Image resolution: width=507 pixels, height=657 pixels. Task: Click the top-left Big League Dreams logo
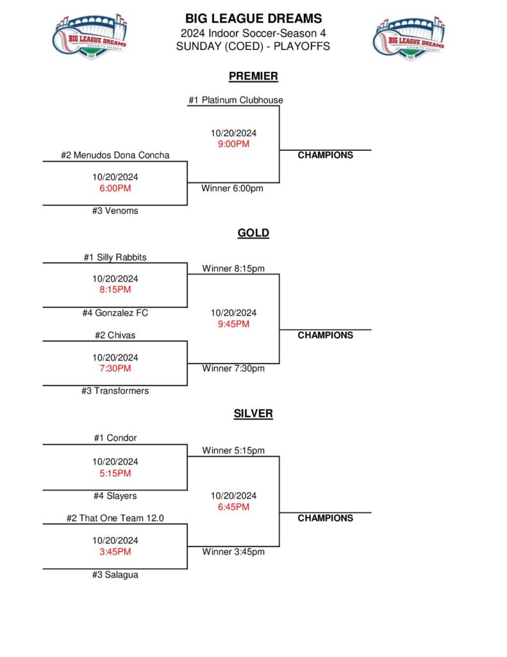[90, 38]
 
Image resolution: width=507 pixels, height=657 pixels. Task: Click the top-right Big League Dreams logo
[410, 38]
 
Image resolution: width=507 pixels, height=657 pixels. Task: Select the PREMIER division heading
[253, 76]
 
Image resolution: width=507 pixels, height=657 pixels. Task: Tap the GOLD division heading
[253, 233]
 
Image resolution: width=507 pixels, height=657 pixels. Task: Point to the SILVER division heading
[253, 414]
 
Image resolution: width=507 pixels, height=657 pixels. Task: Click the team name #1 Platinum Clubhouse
[235, 100]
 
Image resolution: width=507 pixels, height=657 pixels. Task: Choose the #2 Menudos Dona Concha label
[115, 155]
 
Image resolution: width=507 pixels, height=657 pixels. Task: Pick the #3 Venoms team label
[115, 210]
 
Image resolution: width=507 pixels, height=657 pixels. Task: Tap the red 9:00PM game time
[233, 144]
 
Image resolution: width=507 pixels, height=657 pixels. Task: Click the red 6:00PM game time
[115, 189]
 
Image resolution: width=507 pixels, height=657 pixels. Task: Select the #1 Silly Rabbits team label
[115, 257]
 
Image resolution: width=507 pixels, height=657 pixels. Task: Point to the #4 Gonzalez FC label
[115, 313]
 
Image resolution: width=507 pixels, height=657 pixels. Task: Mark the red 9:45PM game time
[233, 324]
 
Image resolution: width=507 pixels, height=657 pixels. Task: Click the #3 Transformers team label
[115, 391]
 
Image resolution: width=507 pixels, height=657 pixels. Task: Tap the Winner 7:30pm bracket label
[233, 368]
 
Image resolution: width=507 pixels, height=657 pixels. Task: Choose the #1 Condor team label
[115, 438]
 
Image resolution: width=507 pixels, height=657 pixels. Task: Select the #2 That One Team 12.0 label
[115, 518]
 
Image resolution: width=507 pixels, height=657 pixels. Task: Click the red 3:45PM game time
[115, 552]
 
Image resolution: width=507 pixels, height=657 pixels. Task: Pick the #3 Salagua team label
[115, 575]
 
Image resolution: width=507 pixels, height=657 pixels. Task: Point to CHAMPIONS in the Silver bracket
[325, 518]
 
